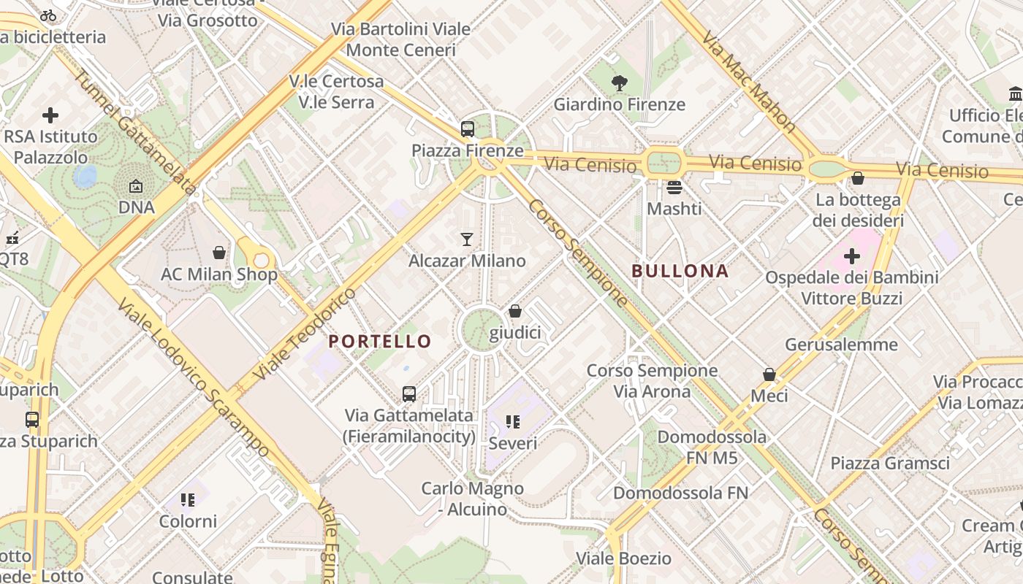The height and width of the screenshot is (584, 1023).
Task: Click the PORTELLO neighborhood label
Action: click(380, 341)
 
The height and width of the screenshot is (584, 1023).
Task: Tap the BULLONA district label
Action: click(680, 271)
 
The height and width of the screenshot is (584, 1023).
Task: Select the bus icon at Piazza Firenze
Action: click(468, 129)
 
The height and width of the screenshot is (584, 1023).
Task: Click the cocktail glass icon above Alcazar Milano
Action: click(467, 239)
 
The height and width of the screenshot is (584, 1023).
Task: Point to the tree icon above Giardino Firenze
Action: click(620, 83)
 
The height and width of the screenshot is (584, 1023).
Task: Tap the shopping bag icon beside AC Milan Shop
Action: click(219, 253)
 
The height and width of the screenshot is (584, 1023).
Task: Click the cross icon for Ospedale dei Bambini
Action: click(852, 256)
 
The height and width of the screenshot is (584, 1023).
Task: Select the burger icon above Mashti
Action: click(674, 188)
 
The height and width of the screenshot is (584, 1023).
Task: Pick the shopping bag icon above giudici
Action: click(515, 312)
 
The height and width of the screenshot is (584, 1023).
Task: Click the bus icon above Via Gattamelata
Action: click(409, 394)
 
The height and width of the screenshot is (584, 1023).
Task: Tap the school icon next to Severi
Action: click(513, 422)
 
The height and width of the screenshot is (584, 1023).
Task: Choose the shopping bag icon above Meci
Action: click(769, 374)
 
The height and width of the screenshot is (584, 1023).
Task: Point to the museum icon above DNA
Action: click(136, 187)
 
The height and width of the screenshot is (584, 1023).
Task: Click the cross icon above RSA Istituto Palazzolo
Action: click(50, 115)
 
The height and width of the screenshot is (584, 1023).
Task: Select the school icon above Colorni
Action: click(189, 500)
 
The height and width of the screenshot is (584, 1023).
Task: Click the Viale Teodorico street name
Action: click(305, 334)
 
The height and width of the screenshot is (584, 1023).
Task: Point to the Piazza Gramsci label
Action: click(890, 463)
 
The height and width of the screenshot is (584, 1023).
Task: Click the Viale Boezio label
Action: click(623, 558)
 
